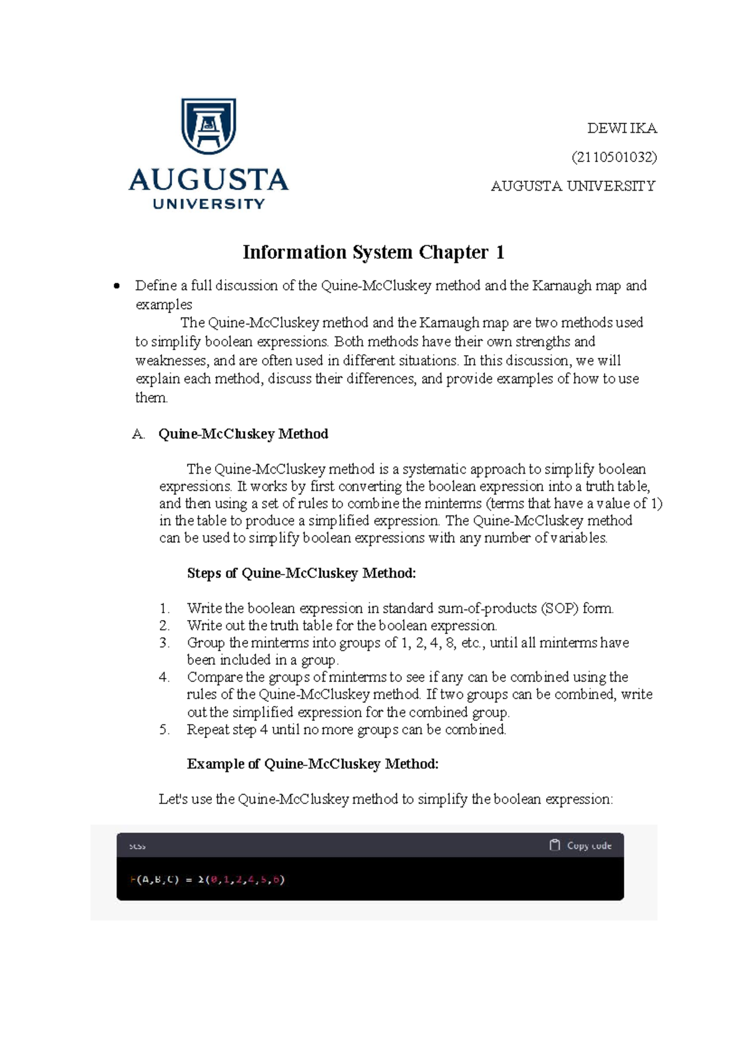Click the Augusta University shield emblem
208,126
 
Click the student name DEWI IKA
621,128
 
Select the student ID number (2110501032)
614,157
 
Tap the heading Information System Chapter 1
373,252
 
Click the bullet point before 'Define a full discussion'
116,286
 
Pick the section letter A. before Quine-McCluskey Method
138,434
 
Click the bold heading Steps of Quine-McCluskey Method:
301,573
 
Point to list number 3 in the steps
164,643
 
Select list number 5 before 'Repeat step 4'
164,730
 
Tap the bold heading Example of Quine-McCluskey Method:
312,764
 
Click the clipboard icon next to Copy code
554,845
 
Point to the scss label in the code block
137,846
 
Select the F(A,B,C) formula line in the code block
207,880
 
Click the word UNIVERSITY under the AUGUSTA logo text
209,204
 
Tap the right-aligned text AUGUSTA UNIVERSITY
573,186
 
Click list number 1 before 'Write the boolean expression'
164,608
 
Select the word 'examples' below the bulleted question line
164,305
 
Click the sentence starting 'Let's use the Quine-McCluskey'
385,800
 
